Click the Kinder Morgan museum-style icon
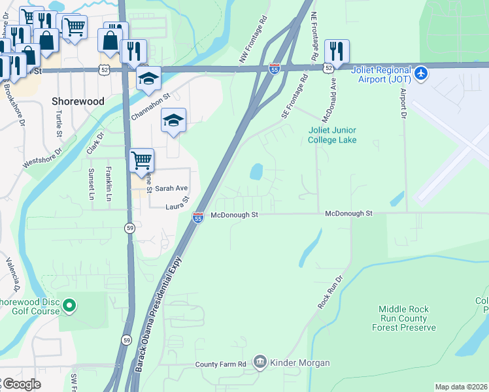pyautogui.click(x=260, y=362)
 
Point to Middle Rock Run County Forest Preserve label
pyautogui.click(x=407, y=318)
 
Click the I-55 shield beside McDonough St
pyautogui.click(x=197, y=218)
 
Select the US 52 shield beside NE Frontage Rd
pyautogui.click(x=328, y=67)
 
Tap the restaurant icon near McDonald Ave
pyautogui.click(x=337, y=50)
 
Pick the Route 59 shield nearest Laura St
pyautogui.click(x=129, y=227)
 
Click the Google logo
pyautogui.click(x=21, y=384)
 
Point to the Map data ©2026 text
pyautogui.click(x=461, y=387)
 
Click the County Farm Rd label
pyautogui.click(x=220, y=363)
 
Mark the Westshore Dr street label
pyautogui.click(x=42, y=157)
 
